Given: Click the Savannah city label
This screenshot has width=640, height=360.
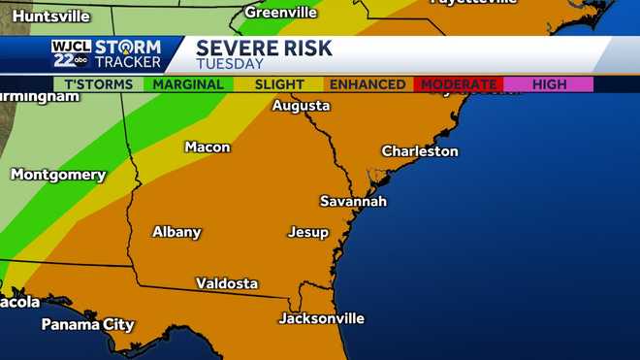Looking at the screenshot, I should [353, 201].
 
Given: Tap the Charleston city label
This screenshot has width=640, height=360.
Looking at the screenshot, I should [419, 151].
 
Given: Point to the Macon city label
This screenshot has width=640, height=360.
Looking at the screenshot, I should [208, 147].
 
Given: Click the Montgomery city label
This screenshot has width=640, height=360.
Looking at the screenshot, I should [57, 175].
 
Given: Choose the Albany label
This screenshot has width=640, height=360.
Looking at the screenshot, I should [176, 232].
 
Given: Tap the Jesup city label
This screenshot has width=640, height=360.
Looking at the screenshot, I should [307, 233].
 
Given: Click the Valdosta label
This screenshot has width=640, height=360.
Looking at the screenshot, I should [227, 283].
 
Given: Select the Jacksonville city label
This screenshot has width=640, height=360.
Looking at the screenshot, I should [321, 318].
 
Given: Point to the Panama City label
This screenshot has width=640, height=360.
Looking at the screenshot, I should [87, 324].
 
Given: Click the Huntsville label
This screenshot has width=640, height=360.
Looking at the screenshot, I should [45, 16].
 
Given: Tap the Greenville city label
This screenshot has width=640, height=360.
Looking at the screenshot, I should [280, 13].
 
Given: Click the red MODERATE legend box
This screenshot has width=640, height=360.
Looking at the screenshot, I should [458, 84].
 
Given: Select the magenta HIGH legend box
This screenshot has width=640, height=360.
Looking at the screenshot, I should [549, 84].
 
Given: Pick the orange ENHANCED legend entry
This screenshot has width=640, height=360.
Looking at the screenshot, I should [368, 84].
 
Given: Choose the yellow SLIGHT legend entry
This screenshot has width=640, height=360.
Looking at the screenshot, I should [278, 84].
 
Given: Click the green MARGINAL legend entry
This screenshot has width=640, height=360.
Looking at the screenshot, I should [189, 84].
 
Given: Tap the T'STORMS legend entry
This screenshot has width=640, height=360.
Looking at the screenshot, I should [98, 84].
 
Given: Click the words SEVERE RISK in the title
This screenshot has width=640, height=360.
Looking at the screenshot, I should [263, 49].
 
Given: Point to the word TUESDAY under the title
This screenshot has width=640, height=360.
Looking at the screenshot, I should [230, 64].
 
